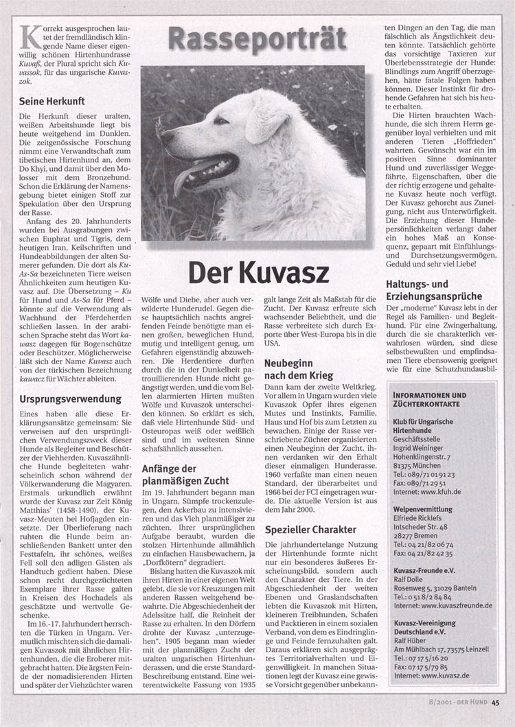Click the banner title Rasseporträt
(x=257, y=40)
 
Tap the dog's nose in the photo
(x=165, y=135)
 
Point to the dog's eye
(x=220, y=121)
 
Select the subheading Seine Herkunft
(x=51, y=101)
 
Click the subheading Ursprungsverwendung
(x=71, y=399)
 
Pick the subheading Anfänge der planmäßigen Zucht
(x=185, y=475)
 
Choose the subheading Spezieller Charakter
(x=310, y=529)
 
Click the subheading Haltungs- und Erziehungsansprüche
(x=426, y=291)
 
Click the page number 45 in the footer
(x=495, y=702)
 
